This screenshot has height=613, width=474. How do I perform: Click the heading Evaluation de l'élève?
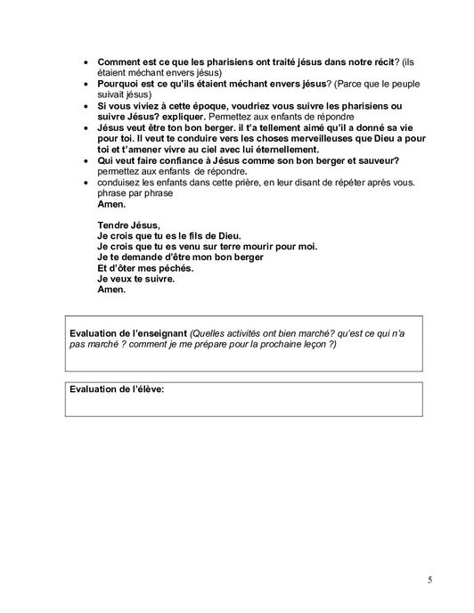click(x=118, y=390)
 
